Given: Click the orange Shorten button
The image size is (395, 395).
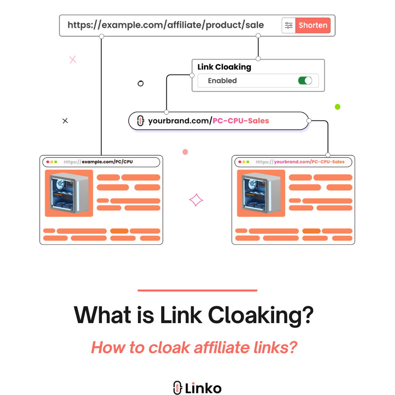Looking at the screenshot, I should coord(313,26).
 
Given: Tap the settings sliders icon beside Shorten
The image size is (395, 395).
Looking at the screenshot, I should coord(289,26).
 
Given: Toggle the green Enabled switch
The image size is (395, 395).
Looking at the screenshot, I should coord(305,81).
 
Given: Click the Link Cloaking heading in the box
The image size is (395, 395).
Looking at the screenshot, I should coord(224,67).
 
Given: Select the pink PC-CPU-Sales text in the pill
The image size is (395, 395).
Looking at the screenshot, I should coord(241,121).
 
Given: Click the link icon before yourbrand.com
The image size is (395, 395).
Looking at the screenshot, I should coord(139,121).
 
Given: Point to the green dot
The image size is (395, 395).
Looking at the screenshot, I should coord(337,107).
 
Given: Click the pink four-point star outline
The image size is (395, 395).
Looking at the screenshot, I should coord(196,200).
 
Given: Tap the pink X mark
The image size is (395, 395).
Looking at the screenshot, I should coord(73,60).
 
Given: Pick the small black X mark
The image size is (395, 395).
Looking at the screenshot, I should coord(65,121).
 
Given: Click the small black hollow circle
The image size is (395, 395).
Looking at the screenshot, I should coord(140,83).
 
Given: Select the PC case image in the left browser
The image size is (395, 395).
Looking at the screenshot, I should coord(69,193).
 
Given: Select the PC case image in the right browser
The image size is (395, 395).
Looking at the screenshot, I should coord(261,193).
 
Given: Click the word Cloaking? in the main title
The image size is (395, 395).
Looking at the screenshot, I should coord(261,315).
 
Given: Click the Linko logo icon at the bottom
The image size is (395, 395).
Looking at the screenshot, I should coord(177,387).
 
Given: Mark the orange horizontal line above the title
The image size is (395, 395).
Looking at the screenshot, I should coord(197,290).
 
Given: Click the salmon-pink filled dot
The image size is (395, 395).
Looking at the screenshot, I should coord(185,152).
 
